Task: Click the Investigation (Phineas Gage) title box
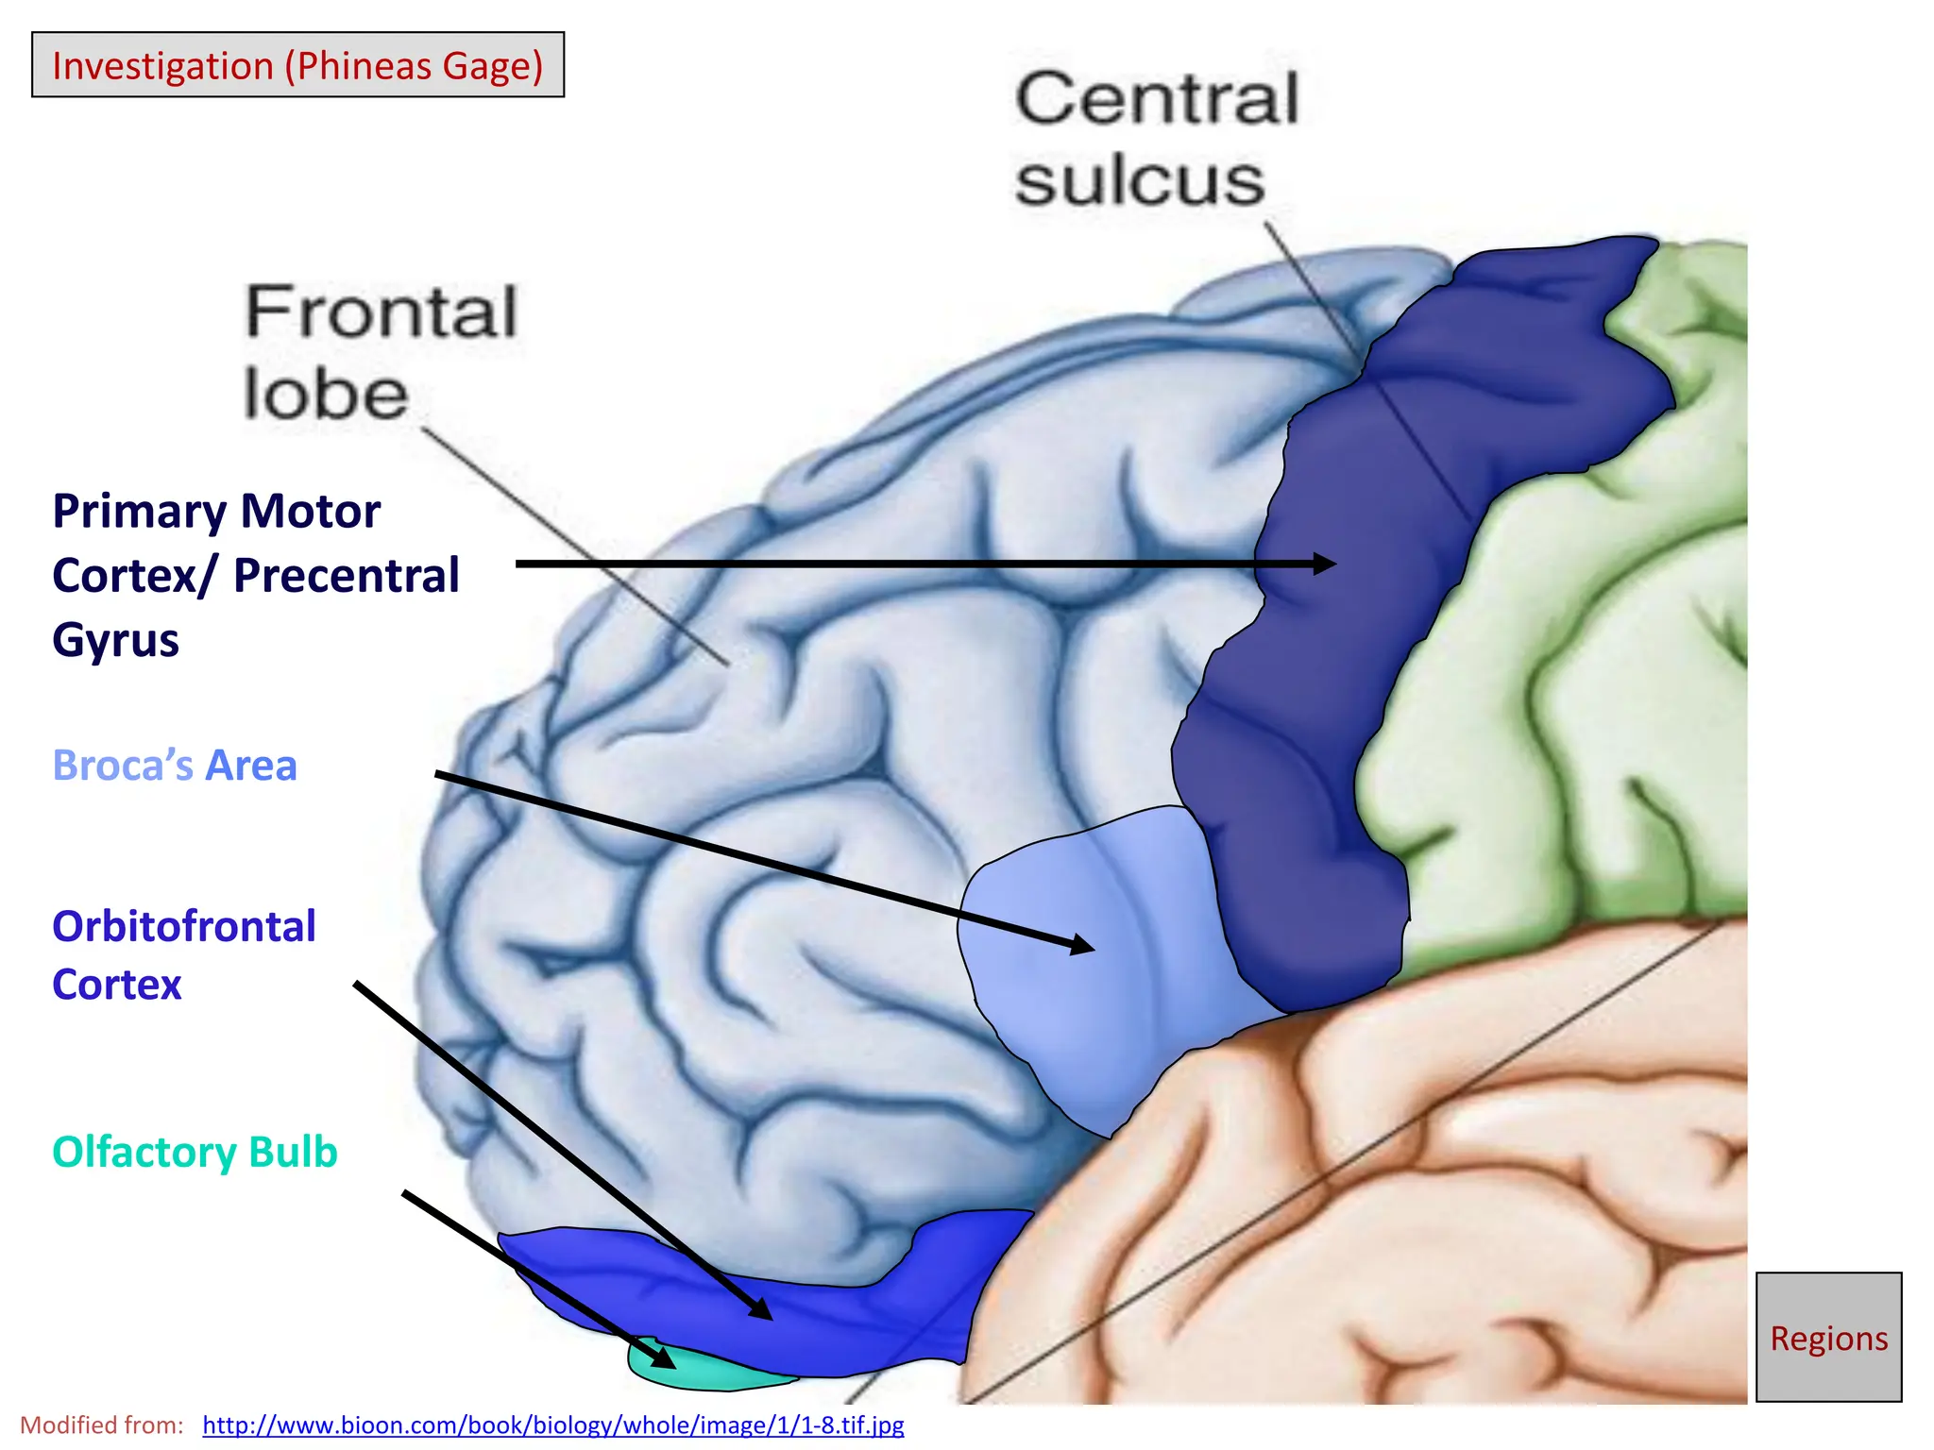pyautogui.click(x=297, y=65)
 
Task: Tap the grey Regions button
pyautogui.click(x=1828, y=1337)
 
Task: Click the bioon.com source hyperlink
pyautogui.click(x=553, y=1425)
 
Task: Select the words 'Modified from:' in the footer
pyautogui.click(x=102, y=1425)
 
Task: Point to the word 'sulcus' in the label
pyautogui.click(x=1140, y=180)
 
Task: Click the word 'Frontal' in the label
pyautogui.click(x=382, y=312)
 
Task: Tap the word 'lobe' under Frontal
pyautogui.click(x=326, y=394)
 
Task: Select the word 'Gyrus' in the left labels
pyautogui.click(x=115, y=640)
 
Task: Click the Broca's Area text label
pyautogui.click(x=175, y=766)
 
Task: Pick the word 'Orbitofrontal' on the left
pyautogui.click(x=184, y=926)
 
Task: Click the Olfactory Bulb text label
pyautogui.click(x=195, y=1152)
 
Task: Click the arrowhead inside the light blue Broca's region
pyautogui.click(x=1082, y=944)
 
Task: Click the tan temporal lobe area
pyautogui.click(x=1417, y=1180)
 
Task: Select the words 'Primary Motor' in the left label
pyautogui.click(x=216, y=512)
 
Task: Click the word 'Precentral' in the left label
pyautogui.click(x=346, y=576)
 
